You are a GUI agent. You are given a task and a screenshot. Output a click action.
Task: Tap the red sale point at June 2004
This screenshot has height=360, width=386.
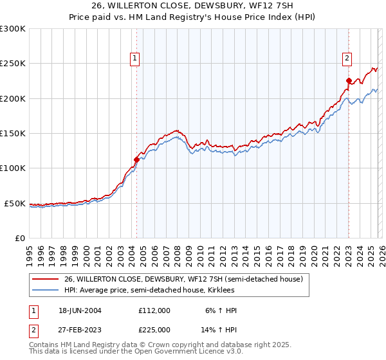[x=136, y=160]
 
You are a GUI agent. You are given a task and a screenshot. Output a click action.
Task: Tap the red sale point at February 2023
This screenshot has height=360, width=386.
[x=349, y=81]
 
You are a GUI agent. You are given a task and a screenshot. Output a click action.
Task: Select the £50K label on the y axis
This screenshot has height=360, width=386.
[x=15, y=203]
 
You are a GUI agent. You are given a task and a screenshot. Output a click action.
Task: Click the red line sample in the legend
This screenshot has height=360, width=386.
[x=46, y=279]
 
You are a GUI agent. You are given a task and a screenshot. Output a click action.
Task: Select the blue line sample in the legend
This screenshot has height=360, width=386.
[x=46, y=291]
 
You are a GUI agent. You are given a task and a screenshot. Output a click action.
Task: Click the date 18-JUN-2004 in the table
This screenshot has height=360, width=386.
[x=80, y=310]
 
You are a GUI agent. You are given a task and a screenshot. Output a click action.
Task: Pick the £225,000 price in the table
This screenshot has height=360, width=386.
[x=154, y=330]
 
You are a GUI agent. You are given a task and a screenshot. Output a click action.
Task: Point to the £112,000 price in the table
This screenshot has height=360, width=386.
[x=154, y=310]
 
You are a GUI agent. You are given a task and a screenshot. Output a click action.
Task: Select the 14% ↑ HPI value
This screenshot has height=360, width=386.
[x=219, y=330]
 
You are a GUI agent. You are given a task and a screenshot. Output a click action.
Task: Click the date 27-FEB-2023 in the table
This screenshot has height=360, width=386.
[x=80, y=330]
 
